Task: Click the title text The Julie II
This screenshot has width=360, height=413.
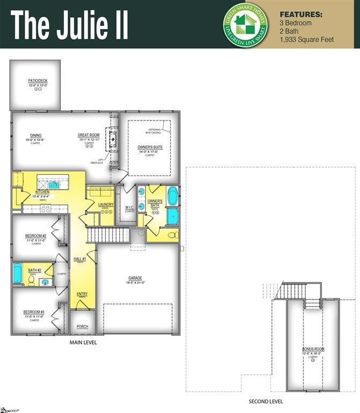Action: click(70, 24)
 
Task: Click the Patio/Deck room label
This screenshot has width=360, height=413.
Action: click(38, 82)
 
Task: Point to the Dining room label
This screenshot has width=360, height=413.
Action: click(36, 136)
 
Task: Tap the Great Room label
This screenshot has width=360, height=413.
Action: click(89, 136)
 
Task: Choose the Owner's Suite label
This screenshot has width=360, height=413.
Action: click(150, 147)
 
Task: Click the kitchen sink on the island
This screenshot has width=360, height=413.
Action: click(55, 185)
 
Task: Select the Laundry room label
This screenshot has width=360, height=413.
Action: click(106, 205)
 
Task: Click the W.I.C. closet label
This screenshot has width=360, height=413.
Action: click(129, 207)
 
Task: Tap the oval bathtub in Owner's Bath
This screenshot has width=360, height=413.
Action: click(172, 196)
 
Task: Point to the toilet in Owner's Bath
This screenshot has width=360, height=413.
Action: click(172, 235)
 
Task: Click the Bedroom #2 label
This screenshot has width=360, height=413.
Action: click(36, 236)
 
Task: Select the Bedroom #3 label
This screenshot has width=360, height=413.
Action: click(34, 312)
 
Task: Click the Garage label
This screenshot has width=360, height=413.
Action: click(135, 278)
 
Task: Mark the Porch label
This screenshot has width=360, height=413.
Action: click(82, 326)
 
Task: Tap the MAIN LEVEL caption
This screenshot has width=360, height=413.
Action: click(83, 343)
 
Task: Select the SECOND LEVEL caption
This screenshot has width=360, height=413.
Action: click(265, 401)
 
